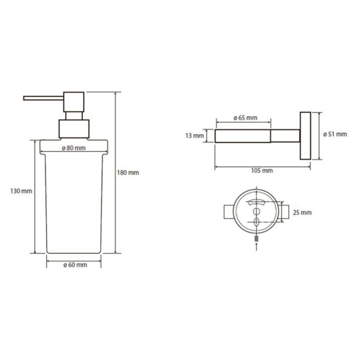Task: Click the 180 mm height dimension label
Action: [128, 172]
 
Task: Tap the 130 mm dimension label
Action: [21, 191]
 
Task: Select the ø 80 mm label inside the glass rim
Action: [73, 148]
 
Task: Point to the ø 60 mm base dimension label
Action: [75, 265]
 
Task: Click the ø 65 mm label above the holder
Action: [245, 118]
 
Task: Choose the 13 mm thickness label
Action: [194, 136]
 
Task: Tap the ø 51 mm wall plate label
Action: [335, 134]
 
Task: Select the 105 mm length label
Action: [262, 171]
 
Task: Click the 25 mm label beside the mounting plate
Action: [302, 213]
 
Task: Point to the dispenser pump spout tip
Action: [24, 98]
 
